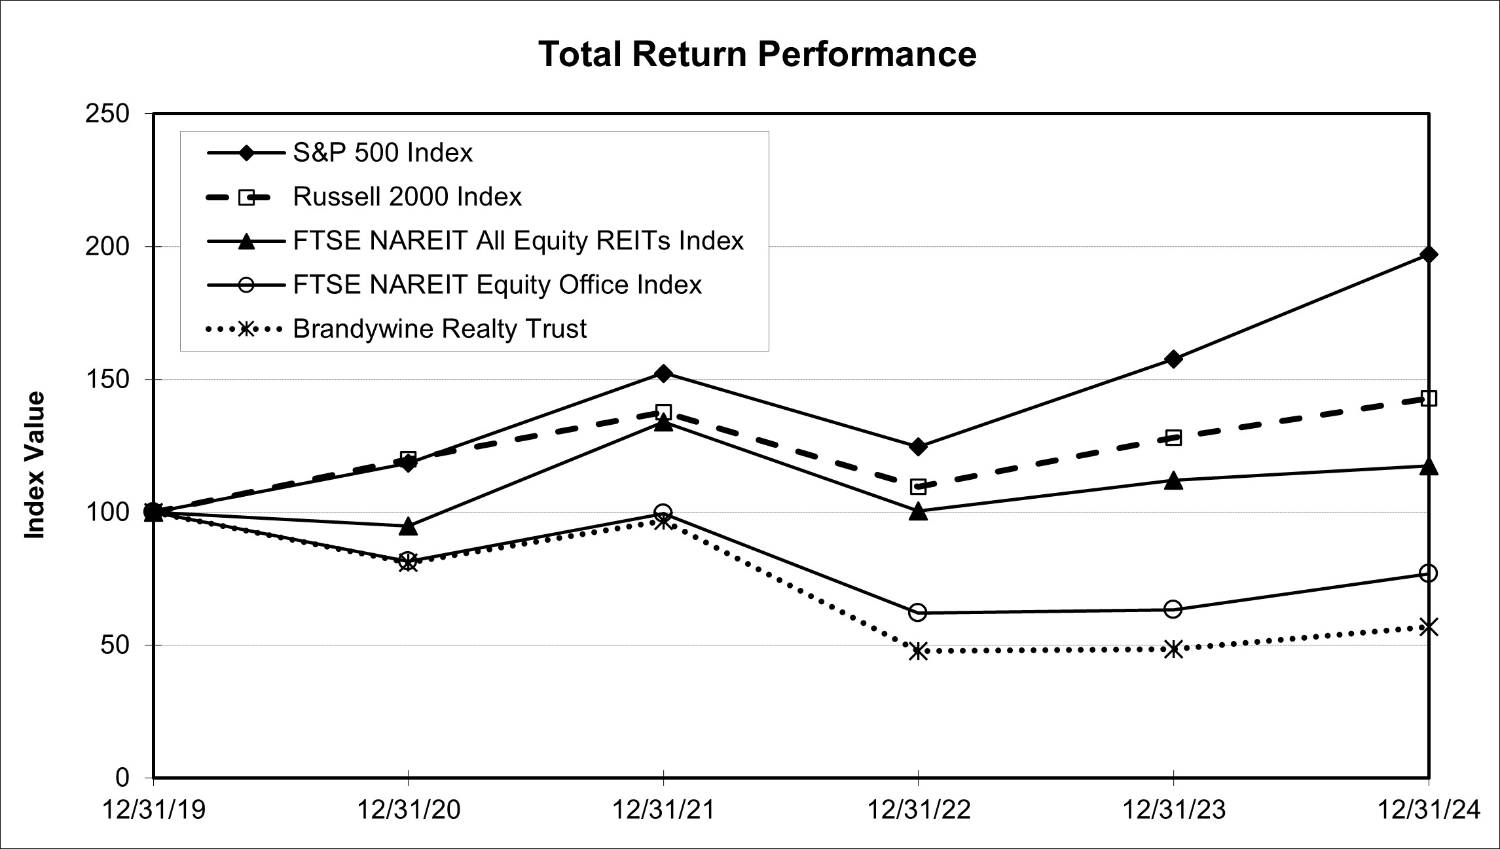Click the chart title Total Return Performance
757,54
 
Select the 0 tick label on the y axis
122,778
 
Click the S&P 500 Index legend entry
382,153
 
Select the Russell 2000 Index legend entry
407,197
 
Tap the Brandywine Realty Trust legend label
439,329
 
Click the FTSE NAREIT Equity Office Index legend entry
497,285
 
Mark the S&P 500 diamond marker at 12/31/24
1429,255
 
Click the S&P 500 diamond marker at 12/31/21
663,374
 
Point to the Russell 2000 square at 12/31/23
1174,438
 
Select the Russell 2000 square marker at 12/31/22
919,486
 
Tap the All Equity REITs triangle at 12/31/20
409,526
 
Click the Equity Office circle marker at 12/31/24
1429,573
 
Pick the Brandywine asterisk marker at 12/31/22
919,651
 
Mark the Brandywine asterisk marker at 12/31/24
1429,627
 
